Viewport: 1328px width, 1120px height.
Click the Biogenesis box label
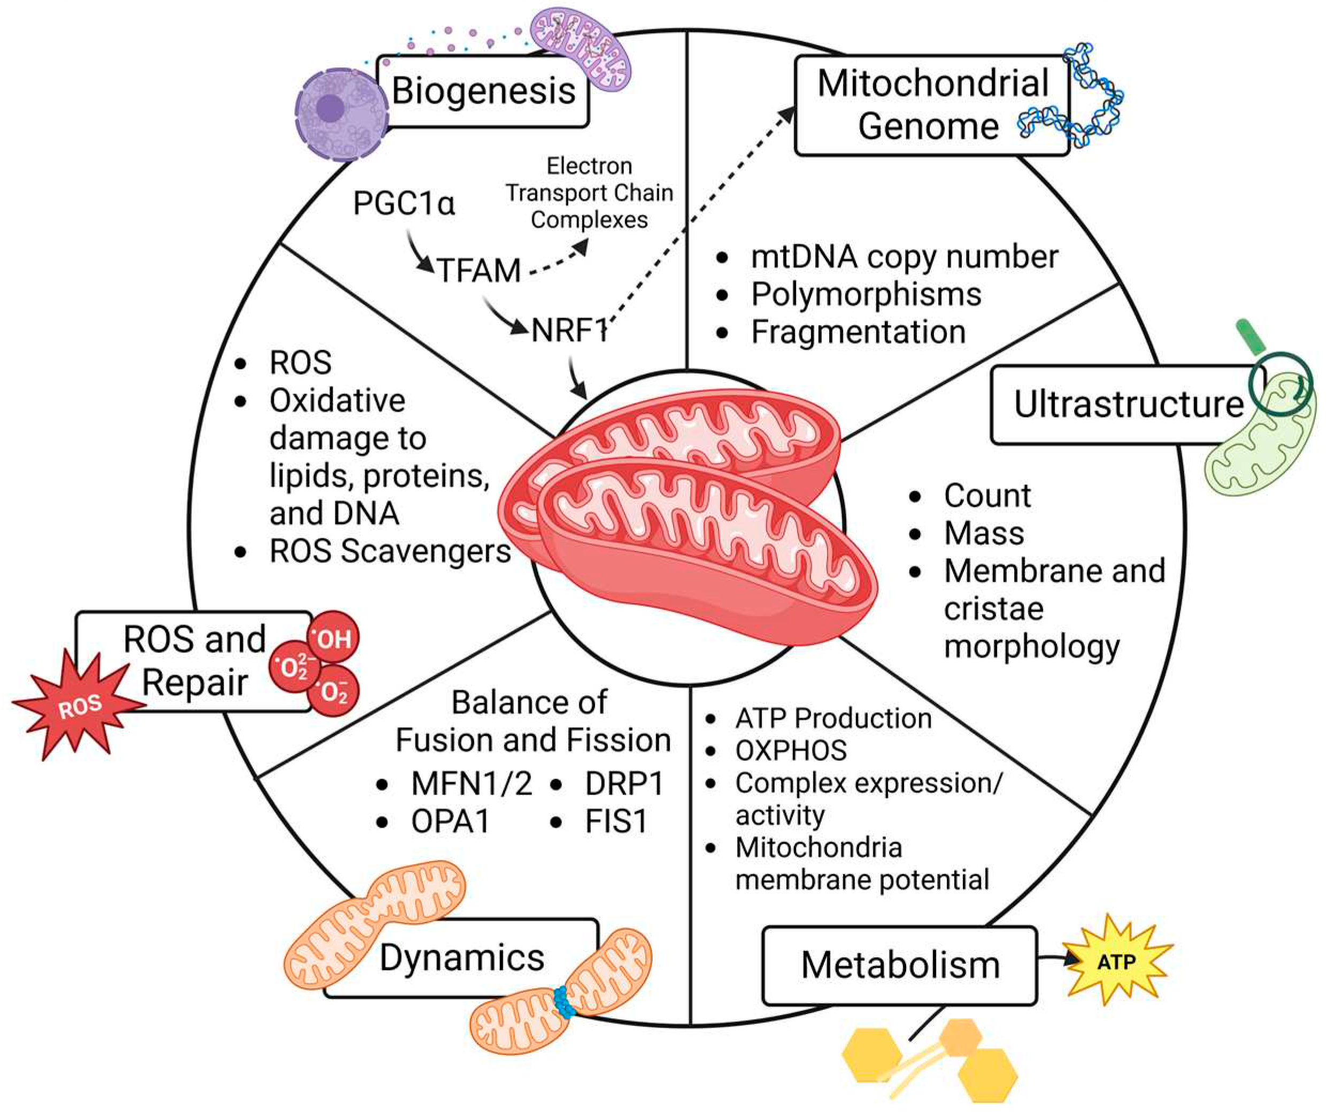pos(484,91)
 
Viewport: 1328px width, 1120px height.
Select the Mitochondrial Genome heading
pos(932,105)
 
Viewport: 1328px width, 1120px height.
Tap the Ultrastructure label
pos(1128,405)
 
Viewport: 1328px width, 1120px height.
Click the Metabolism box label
pos(900,965)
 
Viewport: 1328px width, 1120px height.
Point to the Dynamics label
pos(461,957)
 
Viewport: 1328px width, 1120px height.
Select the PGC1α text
pos(404,204)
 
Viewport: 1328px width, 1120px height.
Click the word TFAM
pos(479,271)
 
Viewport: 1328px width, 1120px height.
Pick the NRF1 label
pos(569,330)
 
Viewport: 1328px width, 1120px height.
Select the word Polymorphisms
pos(866,295)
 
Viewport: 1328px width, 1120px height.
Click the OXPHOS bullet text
pos(791,751)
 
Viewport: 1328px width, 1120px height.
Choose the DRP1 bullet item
pos(624,784)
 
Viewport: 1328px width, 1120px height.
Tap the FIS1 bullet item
pos(616,822)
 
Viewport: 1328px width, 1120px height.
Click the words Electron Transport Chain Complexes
pos(589,193)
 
